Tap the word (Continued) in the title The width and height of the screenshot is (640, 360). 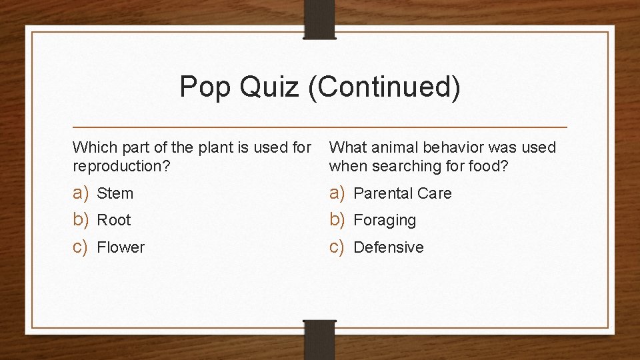click(x=384, y=87)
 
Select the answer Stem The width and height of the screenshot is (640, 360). click(x=115, y=194)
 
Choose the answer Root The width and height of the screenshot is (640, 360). click(x=114, y=221)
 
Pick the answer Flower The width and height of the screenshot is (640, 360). click(x=121, y=248)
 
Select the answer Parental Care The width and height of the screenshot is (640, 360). click(x=402, y=194)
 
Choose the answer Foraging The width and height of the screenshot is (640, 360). click(x=384, y=221)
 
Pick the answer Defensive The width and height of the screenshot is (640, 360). click(x=388, y=248)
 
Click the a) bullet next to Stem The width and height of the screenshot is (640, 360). click(x=81, y=193)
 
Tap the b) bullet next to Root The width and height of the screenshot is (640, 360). click(x=81, y=220)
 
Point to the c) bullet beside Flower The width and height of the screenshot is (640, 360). click(x=81, y=247)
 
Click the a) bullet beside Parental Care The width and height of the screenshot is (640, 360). click(x=337, y=193)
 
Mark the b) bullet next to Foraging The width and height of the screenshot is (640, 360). click(x=337, y=220)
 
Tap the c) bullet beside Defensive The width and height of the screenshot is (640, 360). click(x=337, y=247)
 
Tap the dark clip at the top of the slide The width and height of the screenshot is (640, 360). click(x=320, y=19)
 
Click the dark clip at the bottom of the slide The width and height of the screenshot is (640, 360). click(x=320, y=338)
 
